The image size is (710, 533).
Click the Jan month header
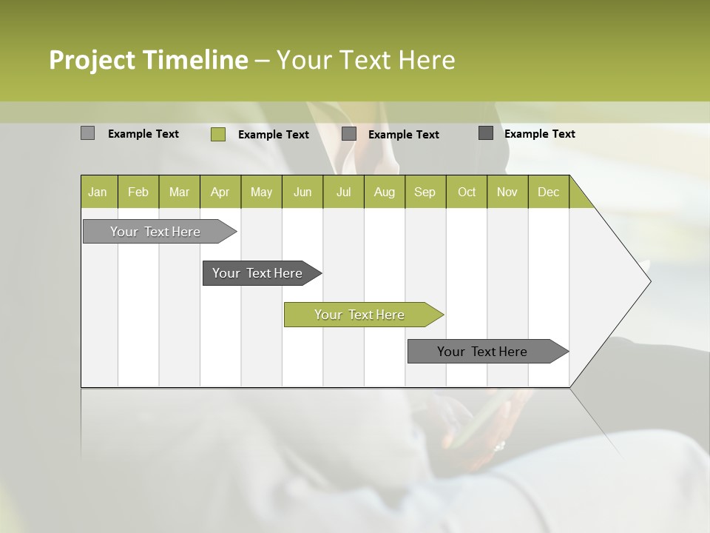[98, 192]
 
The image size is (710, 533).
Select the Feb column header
[138, 192]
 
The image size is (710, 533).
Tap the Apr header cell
[220, 192]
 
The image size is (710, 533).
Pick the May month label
[261, 192]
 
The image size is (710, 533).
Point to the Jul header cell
[343, 192]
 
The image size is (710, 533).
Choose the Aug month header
[384, 192]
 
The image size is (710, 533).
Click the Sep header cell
[425, 192]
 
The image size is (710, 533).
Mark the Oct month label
[467, 192]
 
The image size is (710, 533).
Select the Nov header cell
[507, 192]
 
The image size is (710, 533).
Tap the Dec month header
[548, 192]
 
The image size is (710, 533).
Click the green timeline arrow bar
[360, 315]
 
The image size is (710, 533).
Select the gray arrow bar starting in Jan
[156, 232]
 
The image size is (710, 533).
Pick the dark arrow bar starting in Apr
[258, 273]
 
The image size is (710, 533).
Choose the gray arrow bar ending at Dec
[483, 352]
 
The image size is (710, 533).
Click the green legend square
[217, 134]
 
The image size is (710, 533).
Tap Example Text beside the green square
[273, 135]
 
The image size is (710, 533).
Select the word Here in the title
[427, 60]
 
